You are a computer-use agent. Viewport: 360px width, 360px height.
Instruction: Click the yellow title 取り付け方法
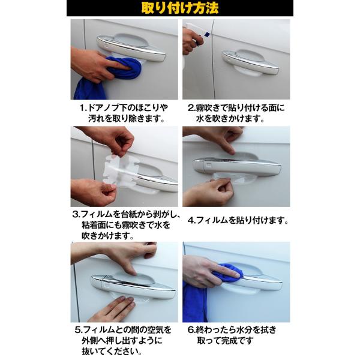point(180,8)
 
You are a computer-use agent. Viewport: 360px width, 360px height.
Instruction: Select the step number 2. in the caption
point(191,108)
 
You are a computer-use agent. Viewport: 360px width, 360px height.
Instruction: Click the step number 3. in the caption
point(76,215)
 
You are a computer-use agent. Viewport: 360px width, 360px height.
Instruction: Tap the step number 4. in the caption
point(191,221)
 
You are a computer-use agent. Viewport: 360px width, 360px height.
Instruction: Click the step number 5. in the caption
point(79,330)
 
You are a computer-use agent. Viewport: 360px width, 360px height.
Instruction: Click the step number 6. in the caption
point(191,330)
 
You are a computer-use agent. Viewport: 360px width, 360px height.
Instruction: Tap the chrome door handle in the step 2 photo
point(250,62)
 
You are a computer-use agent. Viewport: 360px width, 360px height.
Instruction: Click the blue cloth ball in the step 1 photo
point(125,68)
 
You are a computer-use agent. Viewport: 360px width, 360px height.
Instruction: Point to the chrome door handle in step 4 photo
point(237,166)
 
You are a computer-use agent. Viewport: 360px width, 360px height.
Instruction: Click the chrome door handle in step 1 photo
point(131,49)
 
